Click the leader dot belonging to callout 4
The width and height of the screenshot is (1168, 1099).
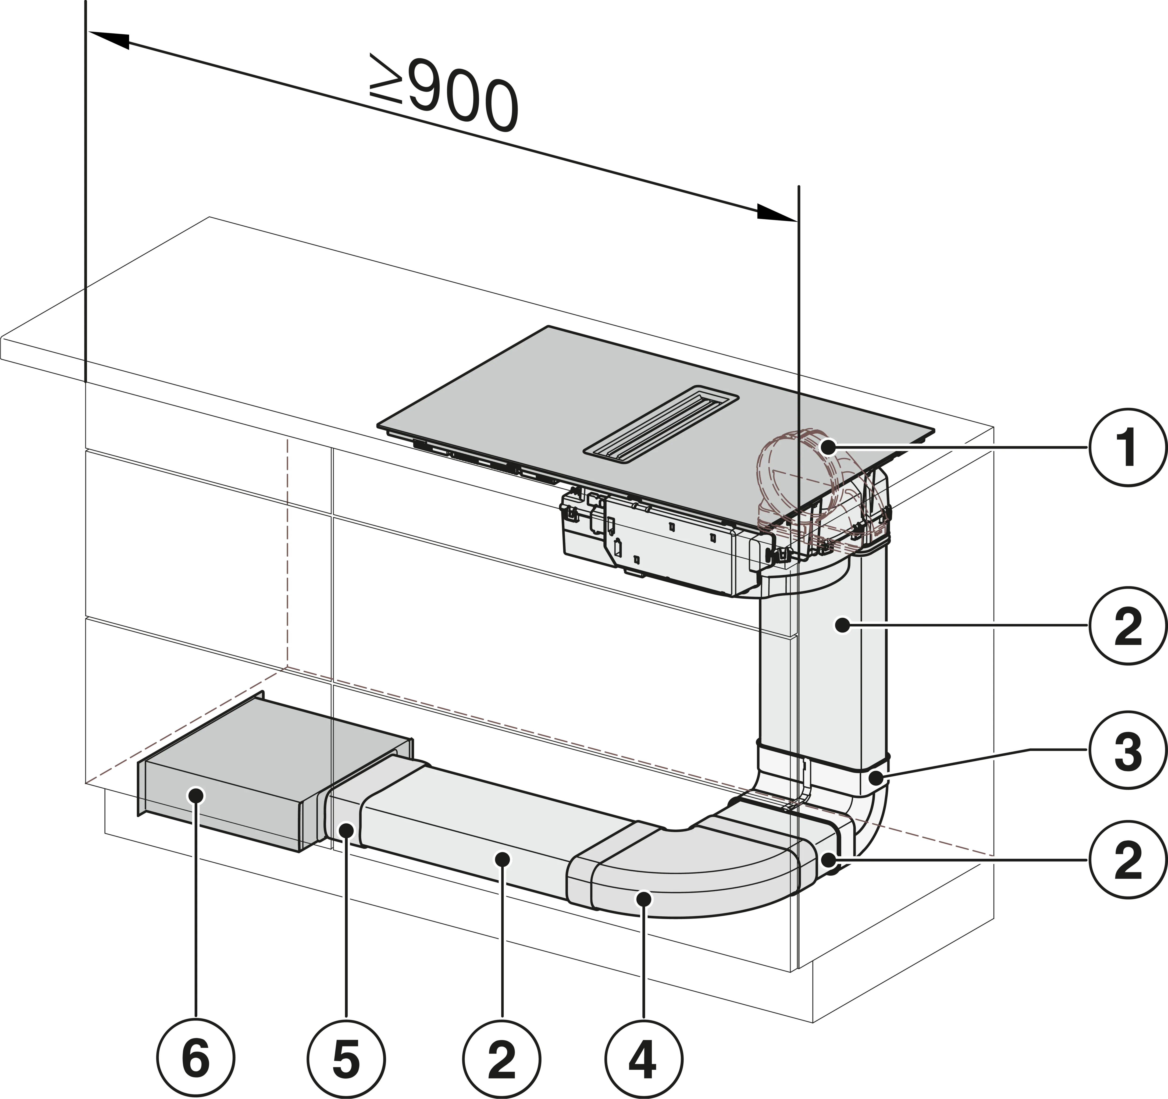[x=645, y=899]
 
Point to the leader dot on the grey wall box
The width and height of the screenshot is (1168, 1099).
[x=196, y=796]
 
